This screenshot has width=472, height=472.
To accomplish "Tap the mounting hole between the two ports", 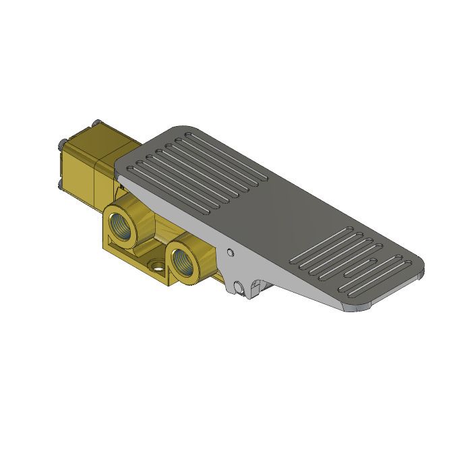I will [x=157, y=264].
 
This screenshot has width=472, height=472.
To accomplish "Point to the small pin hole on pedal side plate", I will [x=231, y=253].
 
